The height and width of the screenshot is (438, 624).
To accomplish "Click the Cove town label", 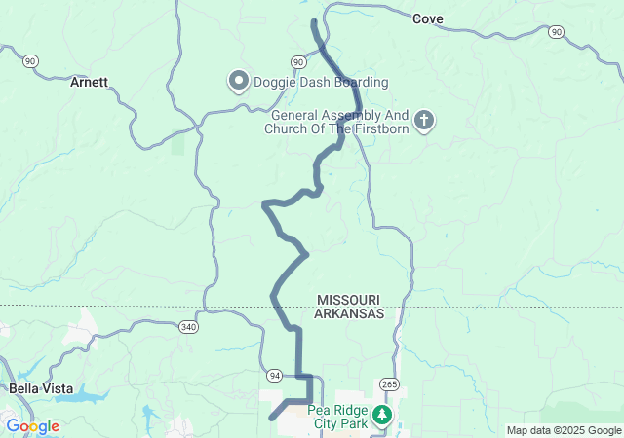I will tap(428, 18).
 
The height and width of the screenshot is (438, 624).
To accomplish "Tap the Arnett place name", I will tap(89, 83).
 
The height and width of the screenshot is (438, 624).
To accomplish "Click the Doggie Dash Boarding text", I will tap(308, 82).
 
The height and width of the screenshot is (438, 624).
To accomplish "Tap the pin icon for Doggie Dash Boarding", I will tap(238, 81).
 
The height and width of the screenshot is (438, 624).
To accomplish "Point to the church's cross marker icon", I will tap(423, 122).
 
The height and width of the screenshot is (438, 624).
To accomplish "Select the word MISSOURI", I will tap(348, 299).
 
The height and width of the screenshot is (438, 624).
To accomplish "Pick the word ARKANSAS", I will tap(349, 314).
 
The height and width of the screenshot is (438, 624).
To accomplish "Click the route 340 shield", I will tap(188, 328).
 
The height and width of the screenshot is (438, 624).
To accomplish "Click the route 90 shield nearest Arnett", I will tap(31, 60).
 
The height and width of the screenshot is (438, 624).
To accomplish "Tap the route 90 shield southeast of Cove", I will tap(555, 32).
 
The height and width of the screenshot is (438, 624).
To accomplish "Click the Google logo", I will tap(32, 426).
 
